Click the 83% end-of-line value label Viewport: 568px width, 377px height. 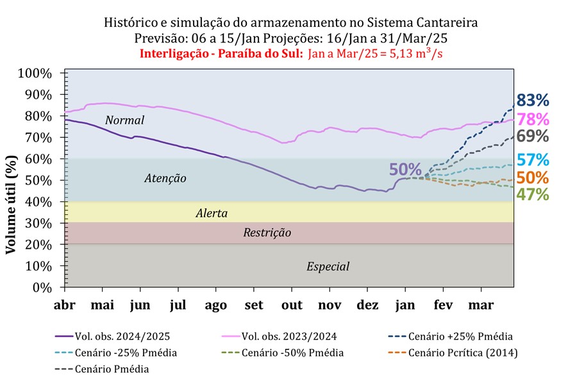(x=533, y=101)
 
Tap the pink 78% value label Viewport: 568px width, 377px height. (x=533, y=119)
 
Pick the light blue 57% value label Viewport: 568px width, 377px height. (x=533, y=160)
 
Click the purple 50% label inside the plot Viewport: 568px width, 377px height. (x=405, y=170)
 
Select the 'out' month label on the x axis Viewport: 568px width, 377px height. (x=292, y=305)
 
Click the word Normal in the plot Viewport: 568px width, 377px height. (x=125, y=121)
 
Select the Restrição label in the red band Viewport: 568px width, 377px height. (x=267, y=233)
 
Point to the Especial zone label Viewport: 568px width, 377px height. (x=328, y=266)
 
